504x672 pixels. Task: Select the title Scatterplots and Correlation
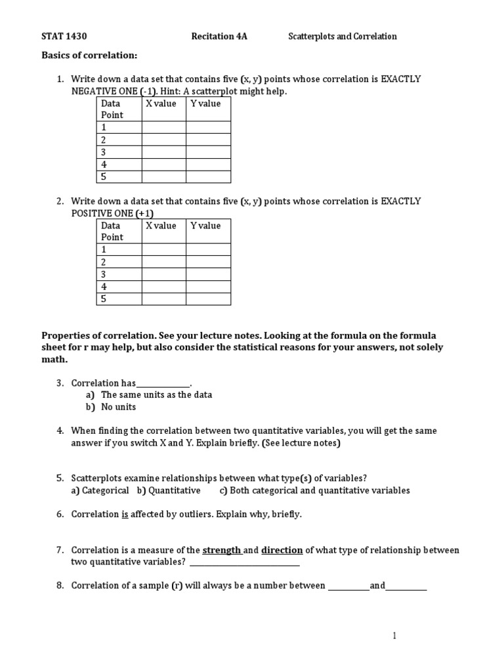pos(343,37)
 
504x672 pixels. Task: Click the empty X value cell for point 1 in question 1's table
pos(163,127)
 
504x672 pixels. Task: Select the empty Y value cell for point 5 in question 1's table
pos(208,177)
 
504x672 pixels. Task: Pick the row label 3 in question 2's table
pos(103,274)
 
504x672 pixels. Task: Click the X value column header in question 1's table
pos(161,104)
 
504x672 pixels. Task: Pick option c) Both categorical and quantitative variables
pos(314,490)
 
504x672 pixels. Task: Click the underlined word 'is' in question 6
pos(125,514)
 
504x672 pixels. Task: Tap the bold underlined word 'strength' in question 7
pos(222,550)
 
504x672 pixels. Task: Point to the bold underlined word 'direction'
pos(282,550)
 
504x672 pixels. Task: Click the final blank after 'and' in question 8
pos(406,587)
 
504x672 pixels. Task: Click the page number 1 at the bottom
pos(394,635)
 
